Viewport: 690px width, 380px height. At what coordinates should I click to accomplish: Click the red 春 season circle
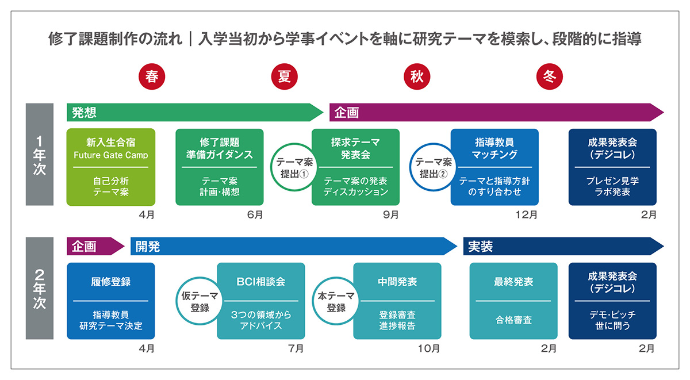(x=152, y=76)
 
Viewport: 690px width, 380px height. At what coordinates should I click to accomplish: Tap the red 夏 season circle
(x=284, y=76)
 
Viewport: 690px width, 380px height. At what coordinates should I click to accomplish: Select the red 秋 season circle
(x=417, y=76)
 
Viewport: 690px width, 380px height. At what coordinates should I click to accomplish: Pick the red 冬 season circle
(x=550, y=76)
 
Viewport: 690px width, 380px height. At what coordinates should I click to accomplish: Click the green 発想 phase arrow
(x=195, y=113)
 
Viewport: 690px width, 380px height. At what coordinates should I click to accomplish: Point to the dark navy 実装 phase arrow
(x=563, y=246)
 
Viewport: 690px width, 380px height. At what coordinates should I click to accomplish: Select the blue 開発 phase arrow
(x=294, y=246)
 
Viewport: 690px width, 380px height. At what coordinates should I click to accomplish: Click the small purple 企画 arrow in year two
(x=95, y=246)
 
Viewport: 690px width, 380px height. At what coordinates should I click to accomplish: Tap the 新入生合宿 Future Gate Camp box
(x=111, y=167)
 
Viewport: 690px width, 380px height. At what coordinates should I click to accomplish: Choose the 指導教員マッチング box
(x=494, y=167)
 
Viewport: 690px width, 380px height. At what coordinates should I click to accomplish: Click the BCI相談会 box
(x=261, y=301)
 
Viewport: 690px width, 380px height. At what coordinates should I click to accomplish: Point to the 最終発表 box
(x=513, y=301)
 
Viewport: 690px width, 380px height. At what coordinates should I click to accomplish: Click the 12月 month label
(x=527, y=214)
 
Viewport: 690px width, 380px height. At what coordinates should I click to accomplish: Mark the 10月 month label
(x=428, y=348)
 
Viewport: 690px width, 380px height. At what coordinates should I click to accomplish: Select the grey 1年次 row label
(x=40, y=154)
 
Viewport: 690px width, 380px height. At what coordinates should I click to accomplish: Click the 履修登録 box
(x=111, y=301)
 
